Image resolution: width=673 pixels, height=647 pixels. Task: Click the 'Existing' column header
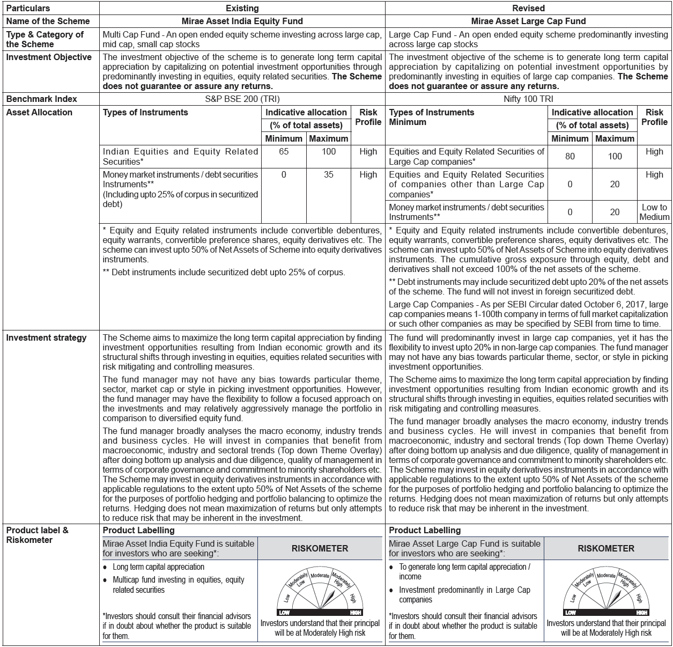242,8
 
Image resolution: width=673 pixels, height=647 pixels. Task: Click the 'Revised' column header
528,8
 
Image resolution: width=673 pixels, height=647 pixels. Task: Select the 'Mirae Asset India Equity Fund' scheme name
242,21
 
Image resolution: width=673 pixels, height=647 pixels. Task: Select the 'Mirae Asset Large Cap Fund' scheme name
528,21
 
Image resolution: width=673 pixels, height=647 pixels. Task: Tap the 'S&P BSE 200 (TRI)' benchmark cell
242,99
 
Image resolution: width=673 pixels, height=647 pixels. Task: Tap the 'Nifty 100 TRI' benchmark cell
528,99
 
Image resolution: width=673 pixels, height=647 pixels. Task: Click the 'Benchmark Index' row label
42,99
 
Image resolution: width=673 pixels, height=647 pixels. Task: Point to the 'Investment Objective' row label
49,57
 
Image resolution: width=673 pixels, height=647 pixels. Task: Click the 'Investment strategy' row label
46,338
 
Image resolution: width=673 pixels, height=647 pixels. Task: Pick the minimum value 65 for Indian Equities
284,152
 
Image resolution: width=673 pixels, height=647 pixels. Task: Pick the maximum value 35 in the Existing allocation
329,175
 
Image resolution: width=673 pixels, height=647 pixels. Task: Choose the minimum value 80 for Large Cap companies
570,156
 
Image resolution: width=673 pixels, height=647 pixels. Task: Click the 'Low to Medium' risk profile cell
654,212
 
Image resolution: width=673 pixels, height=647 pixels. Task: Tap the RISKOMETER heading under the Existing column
320,549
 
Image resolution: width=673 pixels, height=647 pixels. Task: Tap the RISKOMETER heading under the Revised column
606,549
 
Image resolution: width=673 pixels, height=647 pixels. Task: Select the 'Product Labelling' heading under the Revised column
425,530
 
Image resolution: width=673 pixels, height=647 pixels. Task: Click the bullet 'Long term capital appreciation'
158,567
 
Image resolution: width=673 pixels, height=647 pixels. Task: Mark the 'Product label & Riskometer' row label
38,535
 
